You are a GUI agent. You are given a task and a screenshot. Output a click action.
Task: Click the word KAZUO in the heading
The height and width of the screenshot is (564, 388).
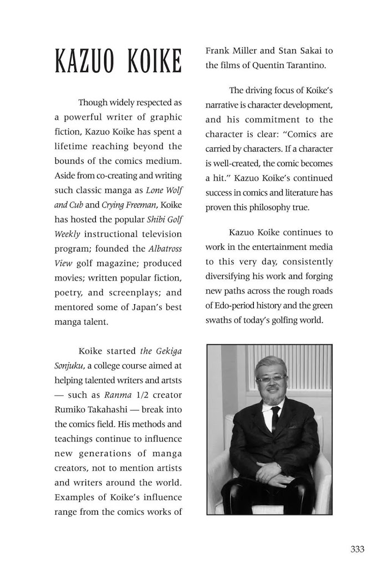point(86,61)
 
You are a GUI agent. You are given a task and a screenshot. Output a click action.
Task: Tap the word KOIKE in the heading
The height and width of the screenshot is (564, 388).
point(155,61)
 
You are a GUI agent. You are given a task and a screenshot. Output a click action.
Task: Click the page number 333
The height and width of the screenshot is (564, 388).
point(358,549)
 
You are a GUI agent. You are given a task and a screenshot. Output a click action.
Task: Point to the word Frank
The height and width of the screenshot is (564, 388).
point(218,50)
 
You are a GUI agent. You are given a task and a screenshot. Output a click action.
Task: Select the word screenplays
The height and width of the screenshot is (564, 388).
point(128,292)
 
